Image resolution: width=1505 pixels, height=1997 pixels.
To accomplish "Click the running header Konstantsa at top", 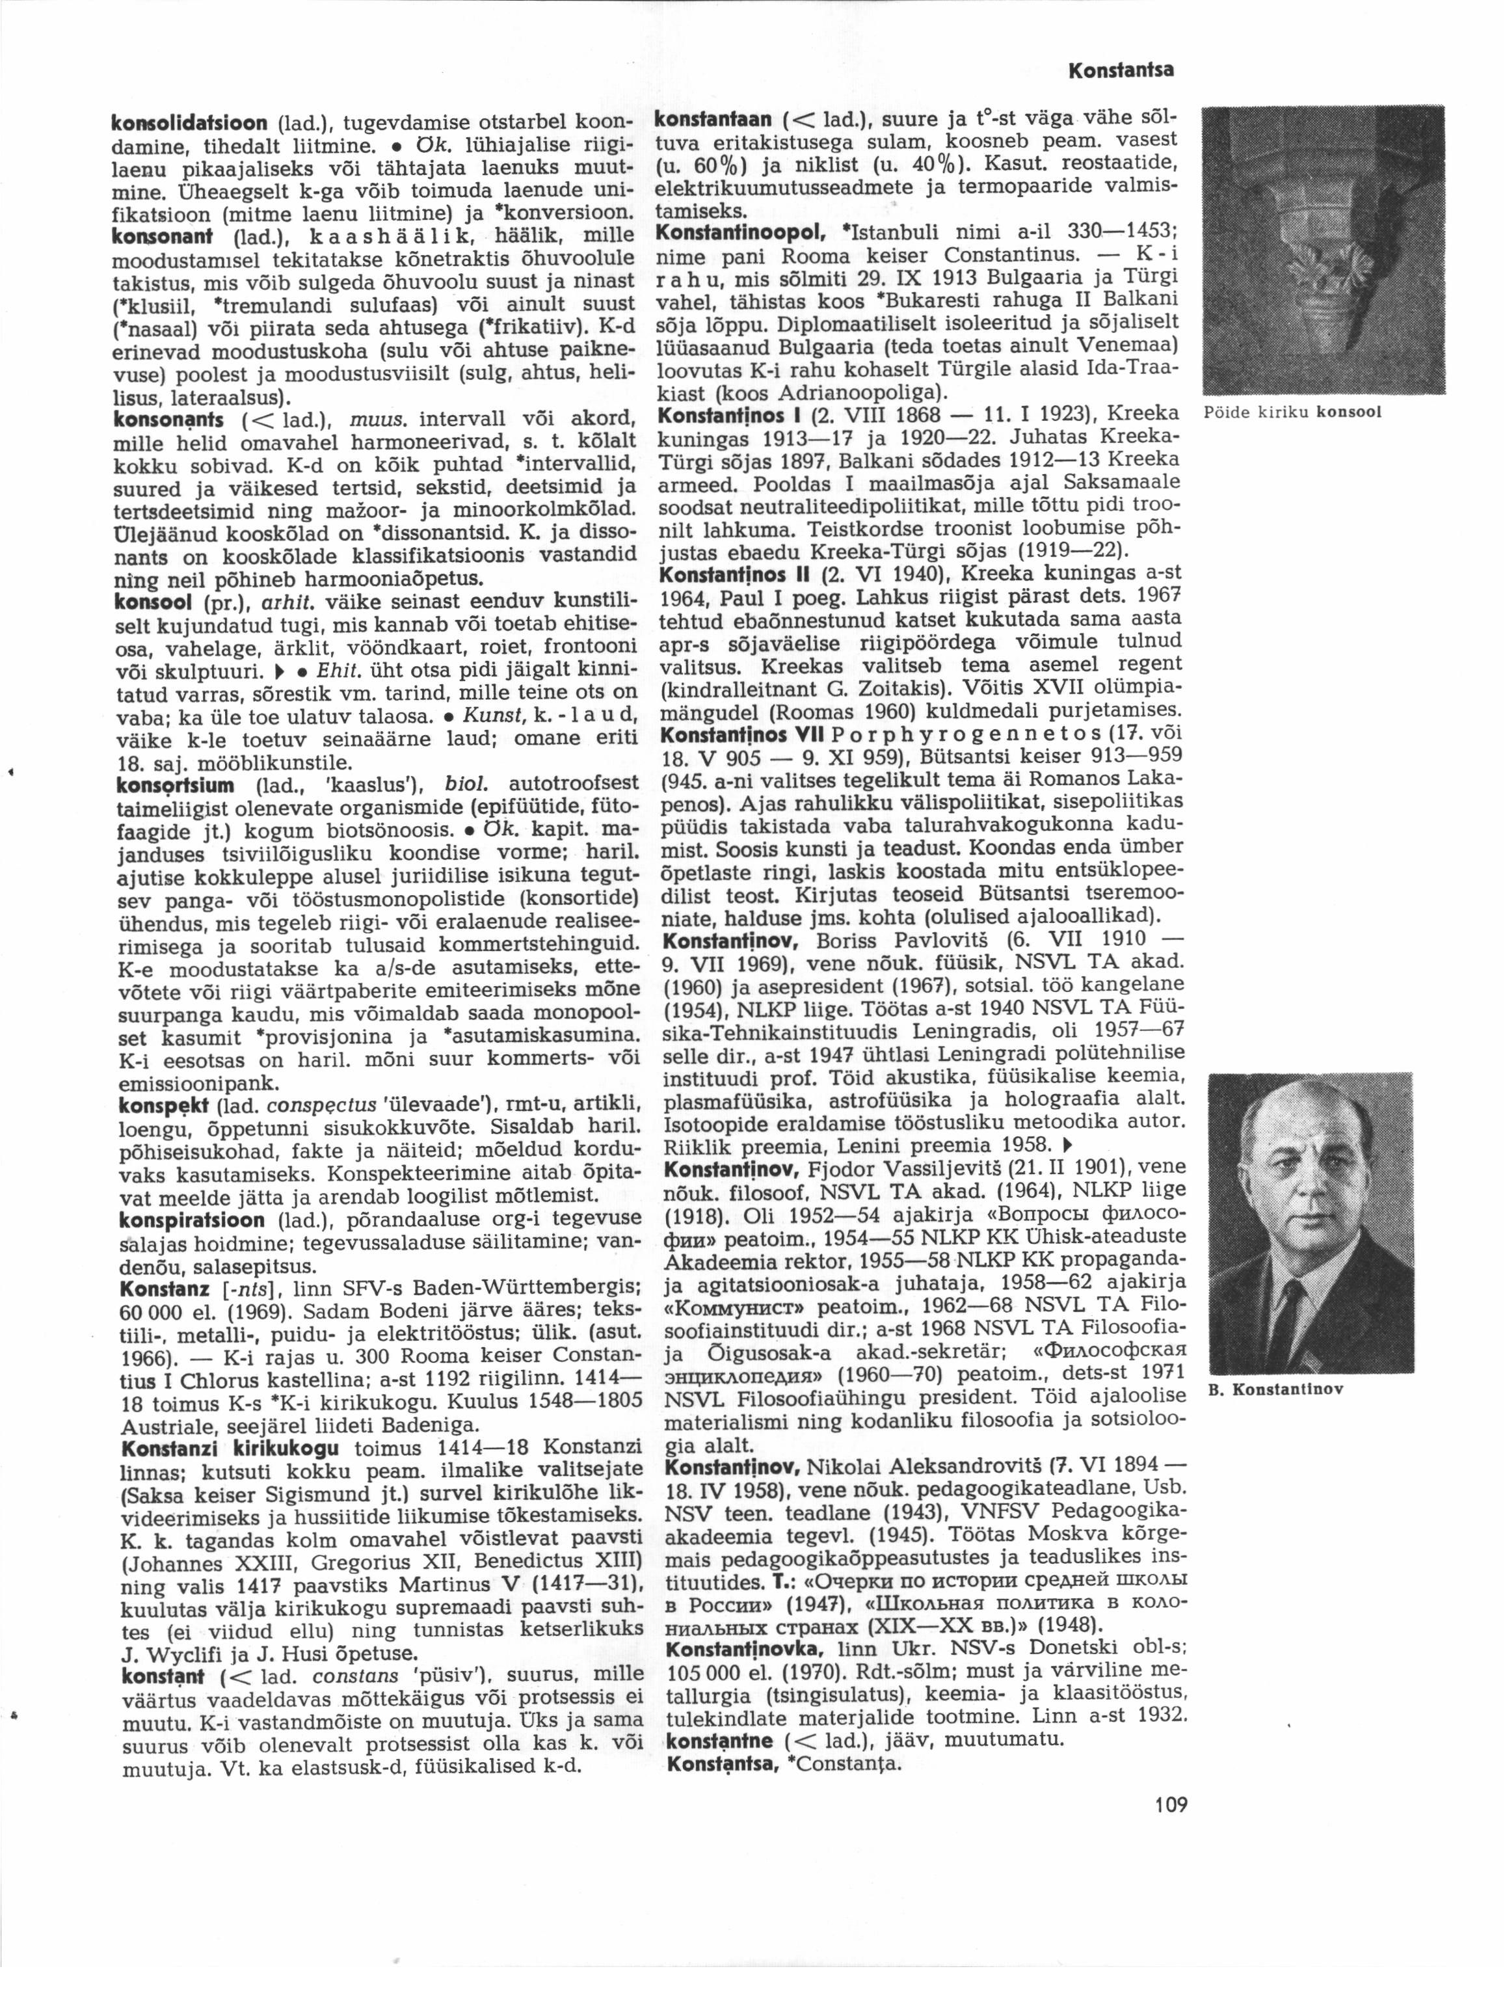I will pyautogui.click(x=1126, y=70).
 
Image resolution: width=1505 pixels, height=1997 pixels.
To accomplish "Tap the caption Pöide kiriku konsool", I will pyautogui.click(x=1293, y=414).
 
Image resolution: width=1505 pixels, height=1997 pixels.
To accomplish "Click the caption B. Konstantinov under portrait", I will pyautogui.click(x=1274, y=1389).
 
